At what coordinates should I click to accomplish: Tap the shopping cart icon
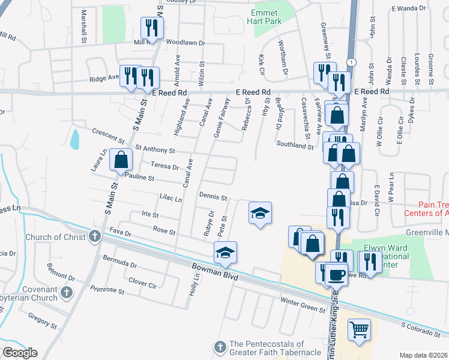pyautogui.click(x=359, y=328)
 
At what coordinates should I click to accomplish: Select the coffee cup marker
pyautogui.click(x=337, y=275)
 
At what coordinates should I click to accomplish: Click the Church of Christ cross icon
pyautogui.click(x=94, y=236)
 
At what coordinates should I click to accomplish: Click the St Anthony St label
pyautogui.click(x=155, y=149)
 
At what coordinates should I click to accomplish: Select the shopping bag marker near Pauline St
pyautogui.click(x=121, y=160)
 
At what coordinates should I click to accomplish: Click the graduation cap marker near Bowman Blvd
pyautogui.click(x=225, y=252)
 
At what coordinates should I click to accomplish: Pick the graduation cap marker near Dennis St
pyautogui.click(x=260, y=213)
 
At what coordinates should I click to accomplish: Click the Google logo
pyautogui.click(x=20, y=353)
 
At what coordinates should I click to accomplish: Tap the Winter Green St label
pyautogui.click(x=303, y=304)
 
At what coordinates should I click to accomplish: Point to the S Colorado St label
pyautogui.click(x=423, y=328)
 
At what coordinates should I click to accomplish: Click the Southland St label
pyautogui.click(x=295, y=145)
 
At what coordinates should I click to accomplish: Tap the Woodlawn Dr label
pyautogui.click(x=185, y=43)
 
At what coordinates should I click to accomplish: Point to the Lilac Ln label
pyautogui.click(x=170, y=199)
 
